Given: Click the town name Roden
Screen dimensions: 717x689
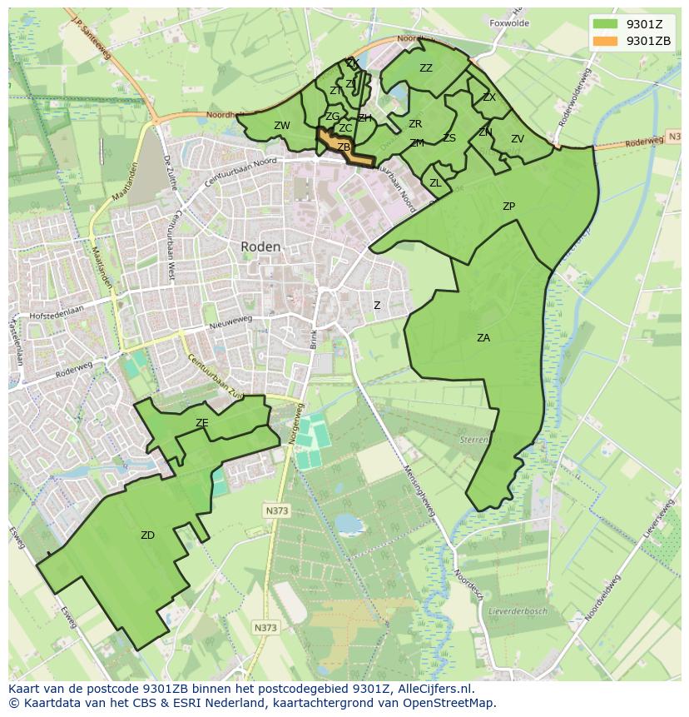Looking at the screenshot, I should tap(260, 247).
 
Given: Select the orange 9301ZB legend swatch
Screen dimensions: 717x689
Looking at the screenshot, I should tap(605, 41).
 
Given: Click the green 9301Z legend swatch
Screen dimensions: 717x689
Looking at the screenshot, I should tap(605, 23).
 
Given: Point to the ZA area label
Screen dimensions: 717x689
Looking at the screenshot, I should tap(483, 338).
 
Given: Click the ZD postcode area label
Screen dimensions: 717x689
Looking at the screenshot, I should tap(147, 535).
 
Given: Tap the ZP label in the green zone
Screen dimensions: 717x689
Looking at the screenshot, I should tap(508, 207).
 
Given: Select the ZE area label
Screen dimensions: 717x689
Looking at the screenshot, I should tap(201, 423).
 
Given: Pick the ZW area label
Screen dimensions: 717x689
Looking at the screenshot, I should tap(282, 126).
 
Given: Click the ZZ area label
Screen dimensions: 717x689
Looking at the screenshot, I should tap(426, 68).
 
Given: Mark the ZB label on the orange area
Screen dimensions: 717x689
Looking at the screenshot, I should tap(343, 147).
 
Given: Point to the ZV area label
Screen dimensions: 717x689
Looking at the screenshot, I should tap(518, 139).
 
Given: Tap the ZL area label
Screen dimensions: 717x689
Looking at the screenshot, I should tap(435, 183).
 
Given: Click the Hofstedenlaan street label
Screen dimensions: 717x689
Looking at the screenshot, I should tap(57, 316).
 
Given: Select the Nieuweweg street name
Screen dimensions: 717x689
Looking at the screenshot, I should tap(230, 324).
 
